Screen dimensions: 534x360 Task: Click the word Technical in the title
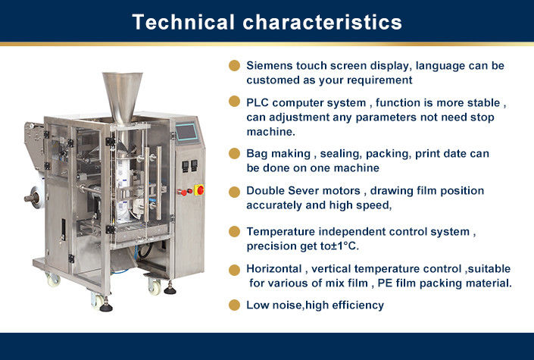183,22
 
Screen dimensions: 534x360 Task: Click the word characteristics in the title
322,22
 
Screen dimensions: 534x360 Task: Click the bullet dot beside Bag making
234,153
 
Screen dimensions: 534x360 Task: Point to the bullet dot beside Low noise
234,305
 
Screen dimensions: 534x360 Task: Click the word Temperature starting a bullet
280,231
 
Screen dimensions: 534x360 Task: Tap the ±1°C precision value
345,246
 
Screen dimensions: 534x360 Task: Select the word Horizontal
274,268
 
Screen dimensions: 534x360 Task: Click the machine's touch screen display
186,133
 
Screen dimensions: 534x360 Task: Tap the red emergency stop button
199,190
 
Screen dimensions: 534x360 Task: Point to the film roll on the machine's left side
37,197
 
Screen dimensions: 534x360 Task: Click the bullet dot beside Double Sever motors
234,192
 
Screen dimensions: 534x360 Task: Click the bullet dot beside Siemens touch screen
234,65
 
